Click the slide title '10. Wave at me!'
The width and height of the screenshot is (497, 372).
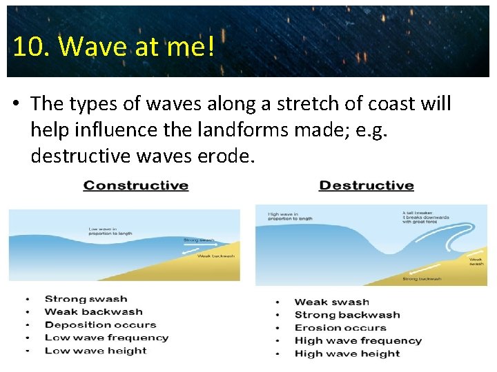(x=113, y=46)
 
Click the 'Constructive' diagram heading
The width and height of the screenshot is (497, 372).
(x=136, y=185)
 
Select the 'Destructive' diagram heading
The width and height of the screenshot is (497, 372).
(x=367, y=185)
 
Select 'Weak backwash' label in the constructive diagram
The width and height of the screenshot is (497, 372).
(x=215, y=256)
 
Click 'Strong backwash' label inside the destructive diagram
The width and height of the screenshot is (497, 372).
(x=423, y=279)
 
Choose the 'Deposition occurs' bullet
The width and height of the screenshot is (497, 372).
(x=100, y=324)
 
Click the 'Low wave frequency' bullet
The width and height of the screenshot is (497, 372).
(x=106, y=338)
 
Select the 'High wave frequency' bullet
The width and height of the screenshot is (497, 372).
(x=358, y=340)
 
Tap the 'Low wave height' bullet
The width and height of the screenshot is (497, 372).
(x=95, y=351)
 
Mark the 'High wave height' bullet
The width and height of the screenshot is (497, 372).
(x=347, y=353)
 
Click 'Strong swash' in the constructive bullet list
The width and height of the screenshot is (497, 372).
(x=86, y=299)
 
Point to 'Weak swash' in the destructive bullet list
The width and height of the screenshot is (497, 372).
(x=331, y=302)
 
